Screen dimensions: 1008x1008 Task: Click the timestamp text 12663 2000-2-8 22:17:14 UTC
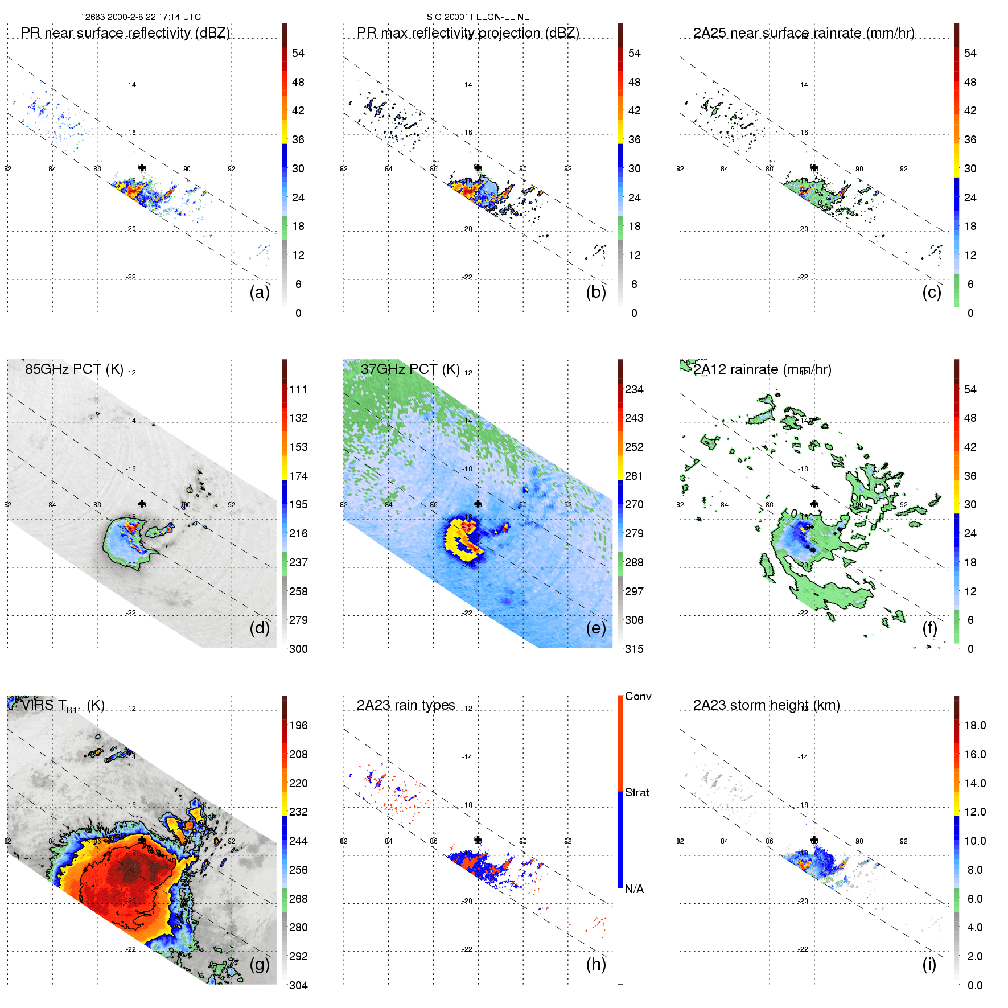tap(140, 17)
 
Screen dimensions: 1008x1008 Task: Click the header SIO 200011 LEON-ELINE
tap(478, 17)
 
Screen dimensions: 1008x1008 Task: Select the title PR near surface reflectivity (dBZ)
tap(125, 33)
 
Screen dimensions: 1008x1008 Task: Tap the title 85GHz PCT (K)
tap(74, 369)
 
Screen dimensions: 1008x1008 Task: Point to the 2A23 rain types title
tap(405, 705)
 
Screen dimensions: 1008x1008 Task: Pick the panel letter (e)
tap(595, 628)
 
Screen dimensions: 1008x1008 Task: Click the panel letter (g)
tap(260, 964)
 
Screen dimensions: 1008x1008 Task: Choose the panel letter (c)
tap(931, 292)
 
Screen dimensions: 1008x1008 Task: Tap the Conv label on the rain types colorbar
tap(637, 696)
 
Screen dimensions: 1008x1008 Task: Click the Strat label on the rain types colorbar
tap(636, 792)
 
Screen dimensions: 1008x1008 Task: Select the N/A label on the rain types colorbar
tap(634, 889)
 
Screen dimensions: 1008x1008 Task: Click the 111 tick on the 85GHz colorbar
tap(298, 389)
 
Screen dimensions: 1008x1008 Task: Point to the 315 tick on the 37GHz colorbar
tap(634, 649)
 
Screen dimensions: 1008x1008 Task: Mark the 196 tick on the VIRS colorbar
tap(298, 725)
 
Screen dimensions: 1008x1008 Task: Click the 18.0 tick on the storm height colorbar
tap(974, 725)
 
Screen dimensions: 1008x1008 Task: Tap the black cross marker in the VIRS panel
tap(142, 840)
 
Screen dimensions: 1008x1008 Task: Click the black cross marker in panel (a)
tap(142, 167)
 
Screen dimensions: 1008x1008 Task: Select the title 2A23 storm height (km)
tap(766, 705)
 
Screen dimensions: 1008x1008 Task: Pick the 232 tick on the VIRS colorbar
tap(298, 812)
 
